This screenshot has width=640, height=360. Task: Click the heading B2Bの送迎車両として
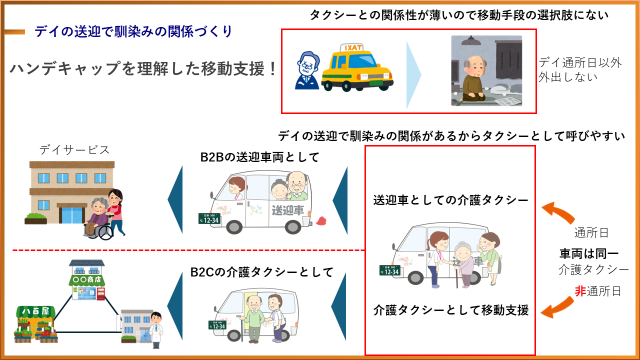coord(259,157)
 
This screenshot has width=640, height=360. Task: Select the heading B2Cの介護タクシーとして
coord(261,272)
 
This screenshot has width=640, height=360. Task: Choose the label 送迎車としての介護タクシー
coord(450,200)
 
